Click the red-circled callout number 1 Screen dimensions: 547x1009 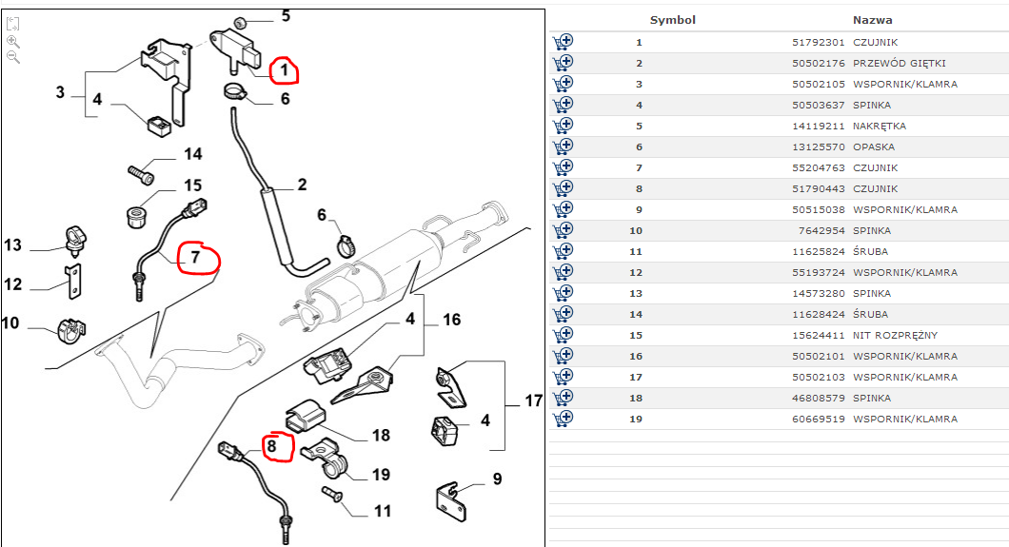pyautogui.click(x=282, y=69)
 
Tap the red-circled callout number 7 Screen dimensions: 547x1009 pyautogui.click(x=194, y=257)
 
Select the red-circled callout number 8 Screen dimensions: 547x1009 pyautogui.click(x=271, y=445)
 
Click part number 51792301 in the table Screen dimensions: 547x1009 pyautogui.click(x=818, y=43)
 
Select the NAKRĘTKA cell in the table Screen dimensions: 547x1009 pyautogui.click(x=879, y=127)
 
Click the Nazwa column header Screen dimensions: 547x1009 pyautogui.click(x=872, y=20)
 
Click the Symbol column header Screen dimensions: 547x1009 pyautogui.click(x=672, y=20)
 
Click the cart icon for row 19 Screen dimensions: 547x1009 pyautogui.click(x=563, y=418)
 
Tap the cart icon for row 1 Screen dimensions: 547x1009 pyautogui.click(x=563, y=42)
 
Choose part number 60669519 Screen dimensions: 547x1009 pyautogui.click(x=818, y=420)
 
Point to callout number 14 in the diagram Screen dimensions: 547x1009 pyautogui.click(x=192, y=154)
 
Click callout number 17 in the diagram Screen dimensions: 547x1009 pyautogui.click(x=533, y=401)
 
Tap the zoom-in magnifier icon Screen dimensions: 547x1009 pyautogui.click(x=13, y=41)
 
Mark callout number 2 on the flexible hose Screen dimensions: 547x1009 pyautogui.click(x=301, y=185)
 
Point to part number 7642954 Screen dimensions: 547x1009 pyautogui.click(x=821, y=231)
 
